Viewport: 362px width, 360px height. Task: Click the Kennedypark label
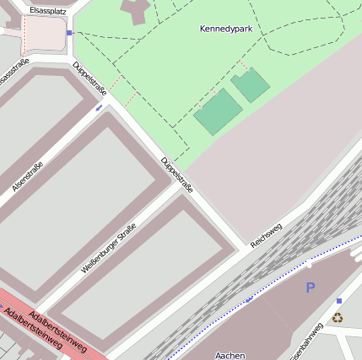point(226,30)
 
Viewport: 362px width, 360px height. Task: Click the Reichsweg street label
point(267,235)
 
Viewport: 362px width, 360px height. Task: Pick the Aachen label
point(230,355)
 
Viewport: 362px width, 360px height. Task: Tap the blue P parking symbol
point(310,288)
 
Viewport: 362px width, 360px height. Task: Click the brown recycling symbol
point(338,318)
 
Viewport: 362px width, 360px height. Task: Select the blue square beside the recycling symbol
point(339,301)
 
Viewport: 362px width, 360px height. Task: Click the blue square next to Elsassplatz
point(69,33)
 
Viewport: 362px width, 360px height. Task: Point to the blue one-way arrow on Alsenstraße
point(99,108)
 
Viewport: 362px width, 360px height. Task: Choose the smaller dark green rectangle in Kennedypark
point(251,85)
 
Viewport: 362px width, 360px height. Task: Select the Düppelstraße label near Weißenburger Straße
point(176,175)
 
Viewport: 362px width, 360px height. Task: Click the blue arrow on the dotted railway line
point(250,298)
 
